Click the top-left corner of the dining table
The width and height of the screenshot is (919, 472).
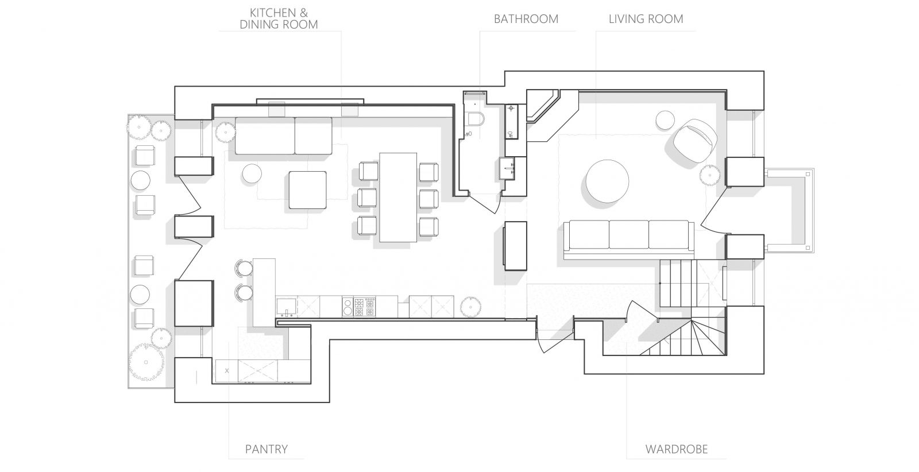tap(380, 153)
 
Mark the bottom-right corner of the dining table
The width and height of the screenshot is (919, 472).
tap(417, 242)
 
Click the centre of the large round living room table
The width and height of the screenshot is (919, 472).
tap(607, 181)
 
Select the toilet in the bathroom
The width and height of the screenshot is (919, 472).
tap(476, 119)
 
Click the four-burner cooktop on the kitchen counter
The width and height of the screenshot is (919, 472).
tap(364, 307)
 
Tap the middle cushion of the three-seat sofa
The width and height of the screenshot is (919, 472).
tap(628, 234)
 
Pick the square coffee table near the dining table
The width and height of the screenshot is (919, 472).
tap(308, 190)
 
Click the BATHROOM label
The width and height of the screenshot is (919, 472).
tap(526, 20)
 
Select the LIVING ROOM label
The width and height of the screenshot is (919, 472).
tap(646, 20)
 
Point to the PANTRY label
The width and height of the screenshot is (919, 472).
tap(267, 449)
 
